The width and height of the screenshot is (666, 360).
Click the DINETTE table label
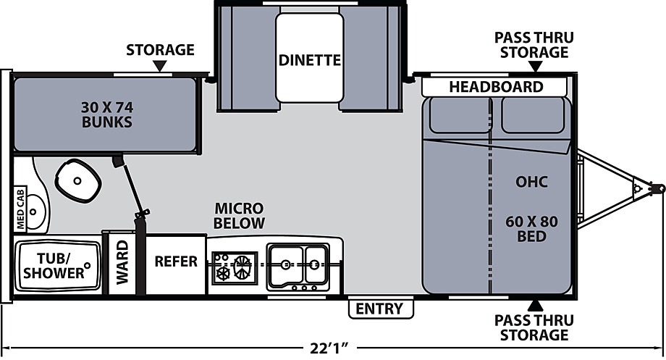point(310,60)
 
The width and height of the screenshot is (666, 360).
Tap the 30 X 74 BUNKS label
point(107,114)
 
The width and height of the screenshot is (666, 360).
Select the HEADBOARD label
point(496,87)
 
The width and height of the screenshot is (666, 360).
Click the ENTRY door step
point(381,309)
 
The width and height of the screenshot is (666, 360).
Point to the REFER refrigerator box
point(176,264)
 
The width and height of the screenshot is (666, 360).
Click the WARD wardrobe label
point(122,261)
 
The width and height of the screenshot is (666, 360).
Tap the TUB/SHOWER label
point(54,266)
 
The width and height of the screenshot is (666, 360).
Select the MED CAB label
point(20,209)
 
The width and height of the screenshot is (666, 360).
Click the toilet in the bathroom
point(78,180)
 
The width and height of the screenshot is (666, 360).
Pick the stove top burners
point(235,267)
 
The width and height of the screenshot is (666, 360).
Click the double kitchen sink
point(298,267)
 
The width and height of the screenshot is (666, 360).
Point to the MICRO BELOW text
point(239,215)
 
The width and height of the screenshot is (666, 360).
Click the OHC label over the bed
point(531,182)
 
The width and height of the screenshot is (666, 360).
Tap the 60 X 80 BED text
point(532,229)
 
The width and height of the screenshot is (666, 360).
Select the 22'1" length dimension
point(329,348)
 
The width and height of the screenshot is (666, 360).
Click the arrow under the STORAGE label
point(160,66)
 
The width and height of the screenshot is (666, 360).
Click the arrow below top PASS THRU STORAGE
point(536,67)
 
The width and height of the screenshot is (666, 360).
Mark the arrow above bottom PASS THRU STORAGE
point(535,306)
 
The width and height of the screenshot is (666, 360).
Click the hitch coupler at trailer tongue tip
point(657,187)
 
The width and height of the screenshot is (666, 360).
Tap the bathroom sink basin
point(36,212)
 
